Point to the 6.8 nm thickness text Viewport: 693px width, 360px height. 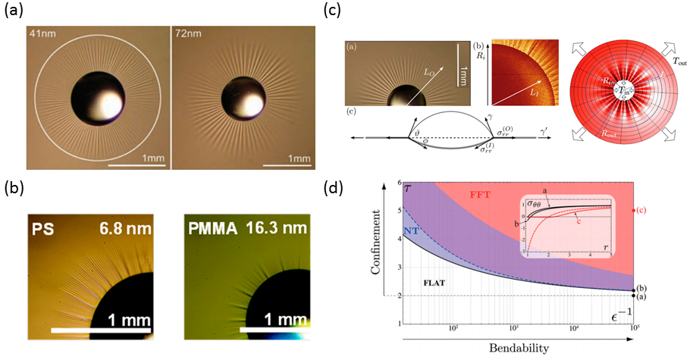point(128,207)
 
